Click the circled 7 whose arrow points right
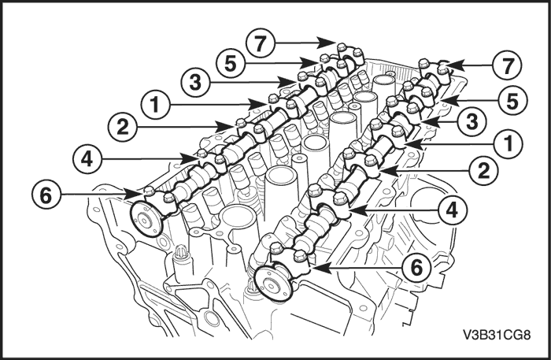pos(260,43)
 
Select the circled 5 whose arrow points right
pos(230,64)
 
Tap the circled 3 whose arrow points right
pos(195,83)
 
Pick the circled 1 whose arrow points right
pos(156,105)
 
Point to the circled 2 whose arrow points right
pos(122,127)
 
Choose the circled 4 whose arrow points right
pos(87,159)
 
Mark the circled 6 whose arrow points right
pos(46,195)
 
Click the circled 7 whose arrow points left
pos(507,65)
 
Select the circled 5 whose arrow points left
pos(512,101)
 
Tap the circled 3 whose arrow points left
pos(472,121)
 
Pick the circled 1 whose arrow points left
pos(508,143)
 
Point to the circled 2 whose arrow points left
pos(484,171)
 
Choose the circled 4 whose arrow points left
pos(453,210)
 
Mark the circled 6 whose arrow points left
pos(416,269)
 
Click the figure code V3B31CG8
pos(496,335)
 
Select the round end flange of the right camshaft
pos(274,284)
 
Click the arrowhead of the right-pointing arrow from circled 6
pos(135,194)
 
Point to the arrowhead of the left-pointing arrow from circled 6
pos(321,268)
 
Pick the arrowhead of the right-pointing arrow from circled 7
pos(327,43)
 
